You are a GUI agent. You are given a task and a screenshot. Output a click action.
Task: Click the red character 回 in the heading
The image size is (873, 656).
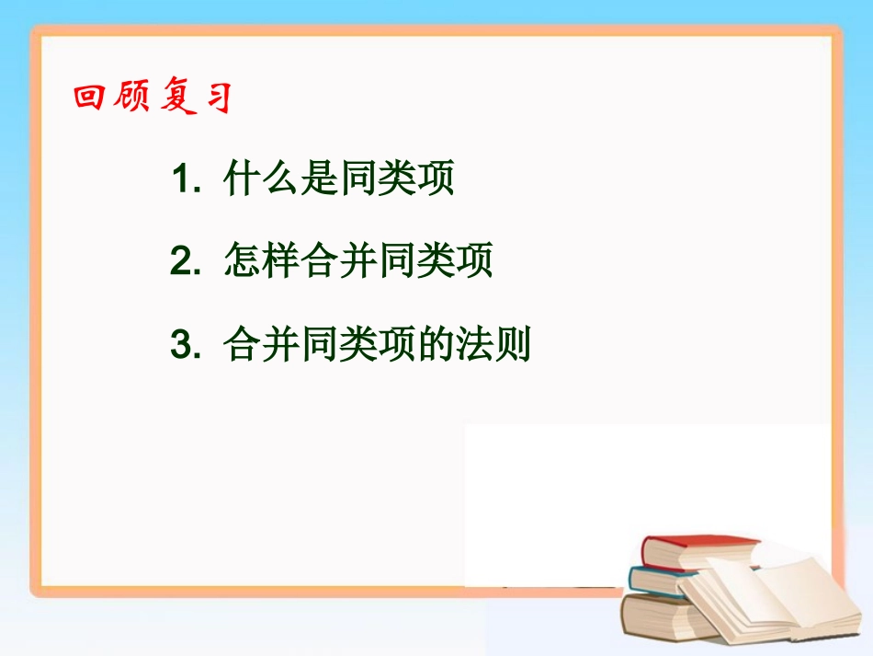(x=90, y=98)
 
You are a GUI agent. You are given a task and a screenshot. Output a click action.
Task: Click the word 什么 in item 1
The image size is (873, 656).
(x=262, y=180)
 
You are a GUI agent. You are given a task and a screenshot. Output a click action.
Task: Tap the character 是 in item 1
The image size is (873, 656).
(x=320, y=180)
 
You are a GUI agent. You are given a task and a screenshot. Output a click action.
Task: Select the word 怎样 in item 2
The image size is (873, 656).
(x=262, y=263)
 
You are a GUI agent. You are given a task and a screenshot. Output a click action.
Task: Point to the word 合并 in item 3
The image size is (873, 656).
(x=262, y=346)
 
